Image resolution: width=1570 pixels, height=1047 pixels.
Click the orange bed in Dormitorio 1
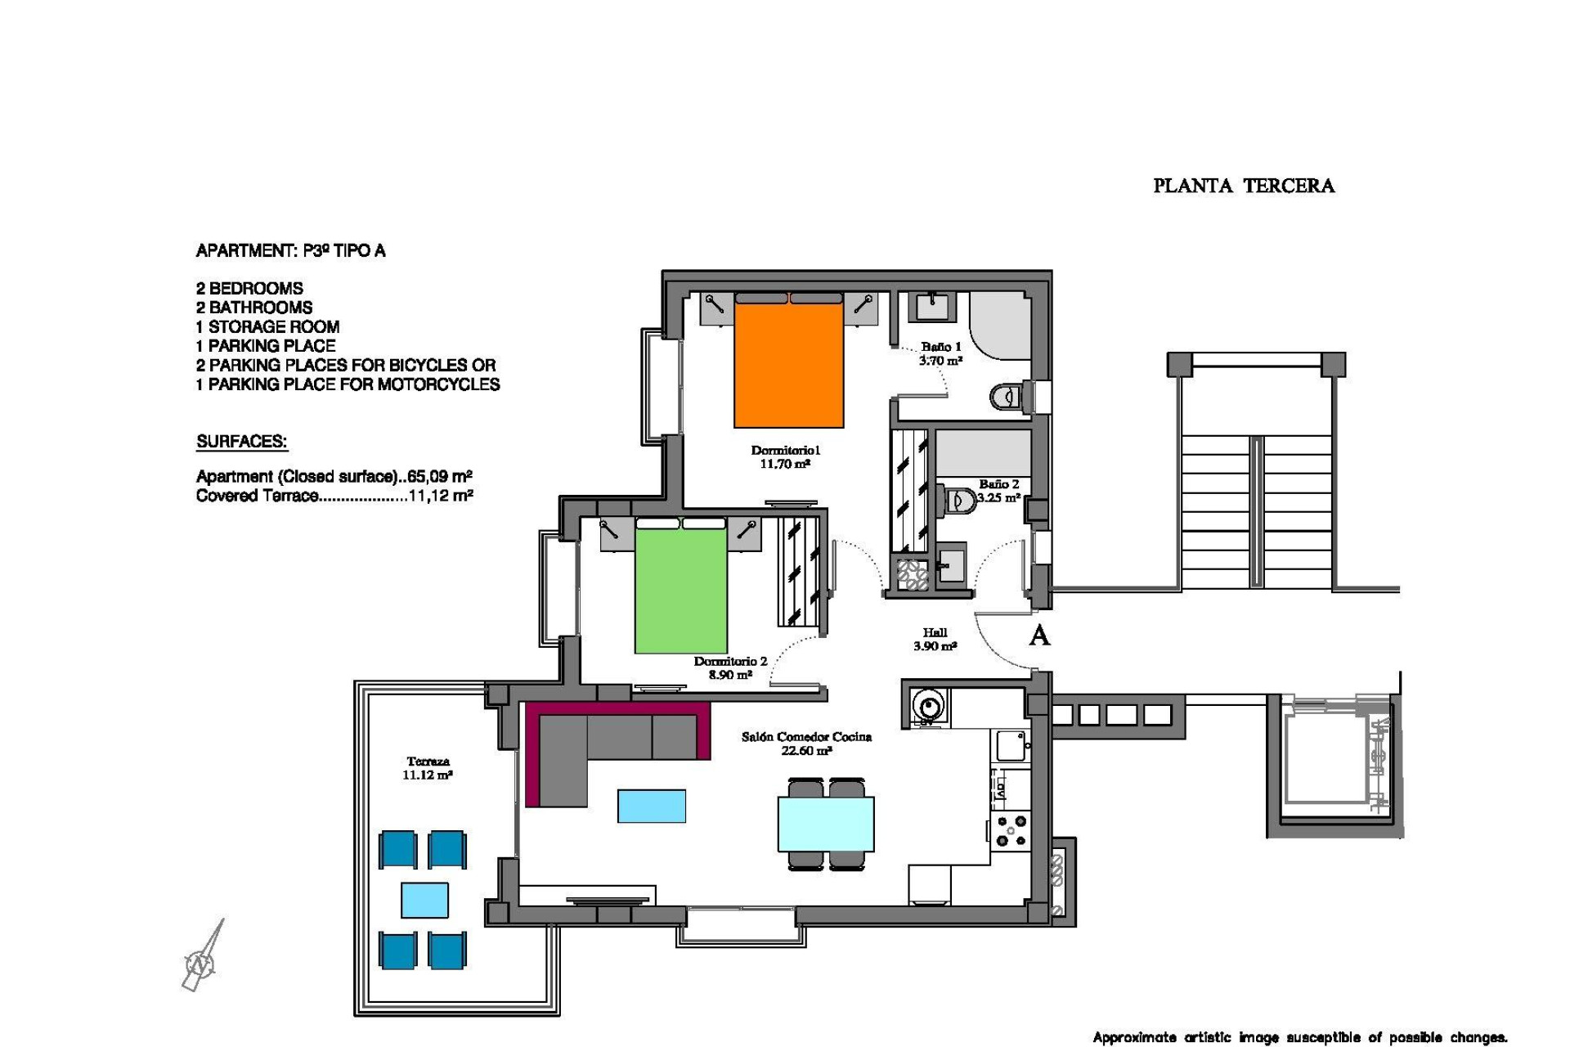(x=788, y=364)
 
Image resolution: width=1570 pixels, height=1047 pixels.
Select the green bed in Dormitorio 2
(x=680, y=591)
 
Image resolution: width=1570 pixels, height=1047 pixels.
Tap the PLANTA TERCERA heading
(x=1243, y=186)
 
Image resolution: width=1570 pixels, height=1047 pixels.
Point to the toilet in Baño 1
(x=1008, y=398)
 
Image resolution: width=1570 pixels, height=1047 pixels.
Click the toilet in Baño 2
(x=960, y=500)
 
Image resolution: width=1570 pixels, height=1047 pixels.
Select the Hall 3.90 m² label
(x=935, y=639)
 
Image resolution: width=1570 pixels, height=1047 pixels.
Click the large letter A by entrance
(x=1038, y=636)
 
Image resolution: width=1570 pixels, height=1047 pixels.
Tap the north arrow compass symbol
(x=201, y=961)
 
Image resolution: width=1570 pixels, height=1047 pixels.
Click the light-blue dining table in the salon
(x=826, y=824)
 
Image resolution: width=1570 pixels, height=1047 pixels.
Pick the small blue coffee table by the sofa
(x=651, y=806)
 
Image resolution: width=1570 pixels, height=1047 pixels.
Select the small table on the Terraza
(x=424, y=900)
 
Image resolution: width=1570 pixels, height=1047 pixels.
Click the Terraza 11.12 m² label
(x=428, y=768)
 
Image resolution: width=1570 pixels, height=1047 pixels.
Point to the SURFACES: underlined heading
(x=241, y=442)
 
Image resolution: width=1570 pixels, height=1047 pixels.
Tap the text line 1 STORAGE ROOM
(x=267, y=326)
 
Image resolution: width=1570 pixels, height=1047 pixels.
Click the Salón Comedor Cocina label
(x=806, y=743)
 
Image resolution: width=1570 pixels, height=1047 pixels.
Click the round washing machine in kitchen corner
(x=928, y=704)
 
